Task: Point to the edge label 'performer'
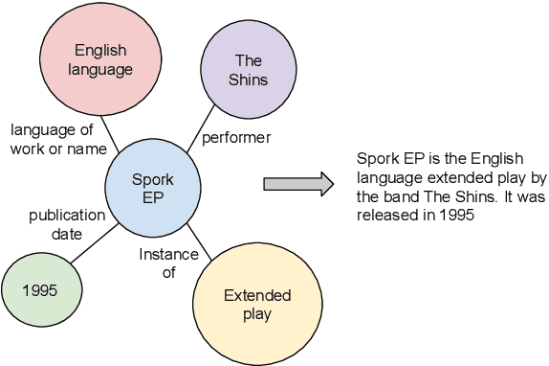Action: tap(236, 138)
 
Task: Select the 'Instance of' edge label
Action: tap(168, 263)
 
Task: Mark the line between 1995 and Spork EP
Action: tap(92, 243)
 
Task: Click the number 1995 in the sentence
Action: tap(458, 215)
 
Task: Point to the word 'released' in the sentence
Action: tap(386, 215)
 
